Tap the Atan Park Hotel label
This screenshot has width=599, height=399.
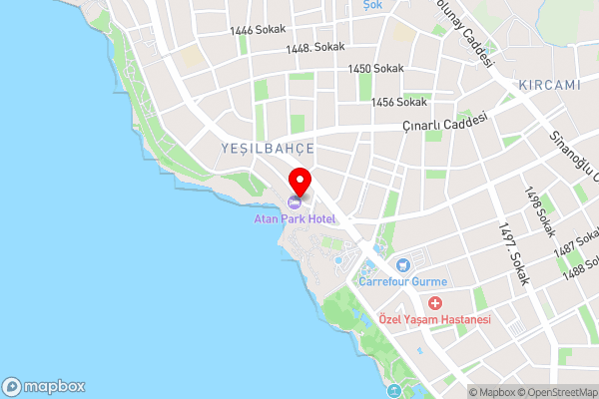(x=294, y=218)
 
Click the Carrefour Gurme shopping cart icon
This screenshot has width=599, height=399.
(x=402, y=265)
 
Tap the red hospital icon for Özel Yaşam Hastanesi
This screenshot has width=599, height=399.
(x=434, y=303)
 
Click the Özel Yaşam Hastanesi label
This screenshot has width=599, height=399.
(x=434, y=319)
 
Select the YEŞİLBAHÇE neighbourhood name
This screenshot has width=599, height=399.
(x=268, y=148)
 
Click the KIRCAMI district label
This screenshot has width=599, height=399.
(x=549, y=85)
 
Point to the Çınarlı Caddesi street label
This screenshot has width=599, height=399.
(x=444, y=124)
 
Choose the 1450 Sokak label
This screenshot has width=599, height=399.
(x=375, y=68)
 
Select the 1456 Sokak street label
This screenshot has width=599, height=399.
(x=398, y=102)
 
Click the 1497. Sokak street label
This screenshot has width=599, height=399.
(x=510, y=253)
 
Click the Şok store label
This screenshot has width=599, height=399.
(x=372, y=4)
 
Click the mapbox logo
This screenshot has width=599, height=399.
(x=45, y=387)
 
